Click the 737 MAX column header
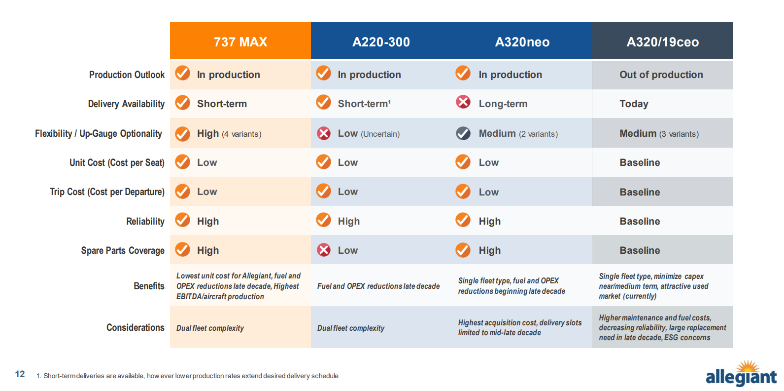(240, 42)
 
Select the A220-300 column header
(381, 42)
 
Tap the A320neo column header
(522, 42)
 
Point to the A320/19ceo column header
(662, 42)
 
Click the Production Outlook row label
(127, 75)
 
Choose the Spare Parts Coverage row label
(123, 250)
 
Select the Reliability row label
(145, 221)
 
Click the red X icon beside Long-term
(463, 102)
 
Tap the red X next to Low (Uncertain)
(323, 133)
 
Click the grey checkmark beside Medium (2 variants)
(463, 133)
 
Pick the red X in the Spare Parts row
(323, 250)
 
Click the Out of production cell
(661, 75)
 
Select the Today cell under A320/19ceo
(634, 104)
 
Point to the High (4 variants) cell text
(229, 133)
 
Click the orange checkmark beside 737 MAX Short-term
(183, 103)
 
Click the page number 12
(20, 374)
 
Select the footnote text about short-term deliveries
(187, 376)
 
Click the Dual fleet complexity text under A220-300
(350, 328)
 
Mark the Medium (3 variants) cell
(659, 133)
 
